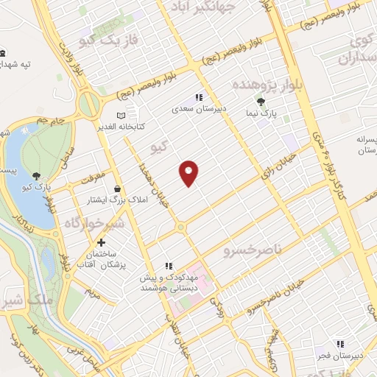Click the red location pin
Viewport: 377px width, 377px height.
[x=189, y=172]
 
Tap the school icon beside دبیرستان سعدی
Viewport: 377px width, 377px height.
[x=198, y=96]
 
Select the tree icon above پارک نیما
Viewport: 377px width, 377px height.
[x=260, y=101]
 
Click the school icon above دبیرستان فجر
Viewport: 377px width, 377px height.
[x=339, y=343]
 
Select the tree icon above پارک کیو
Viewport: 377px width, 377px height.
[x=37, y=175]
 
